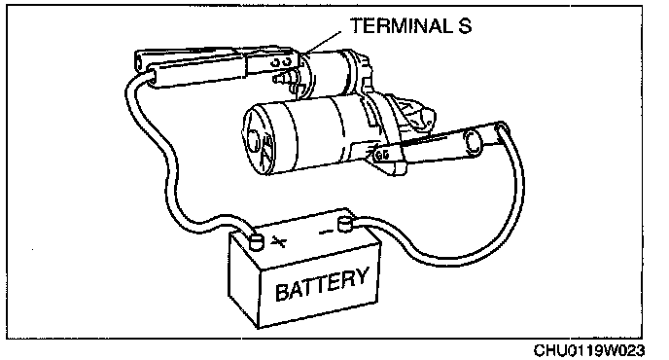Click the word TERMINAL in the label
point(402,25)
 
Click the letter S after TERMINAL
point(465,25)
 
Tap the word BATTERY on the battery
point(321,284)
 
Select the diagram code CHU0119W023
point(589,350)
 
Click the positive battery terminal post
point(257,241)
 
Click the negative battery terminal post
point(345,224)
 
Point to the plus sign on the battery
point(279,242)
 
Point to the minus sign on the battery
point(327,232)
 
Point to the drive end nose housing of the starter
point(409,116)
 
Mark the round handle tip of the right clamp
point(475,142)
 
